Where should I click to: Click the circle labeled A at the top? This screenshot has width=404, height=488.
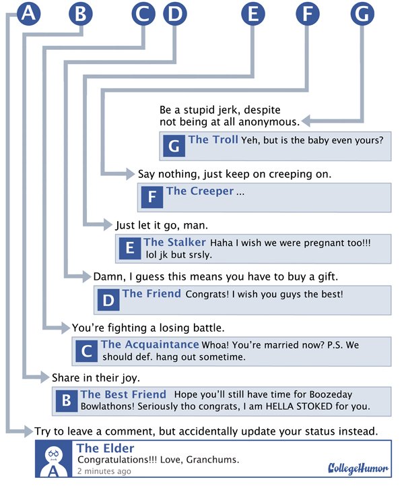pos(28,13)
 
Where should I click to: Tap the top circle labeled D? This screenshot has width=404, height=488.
pos(175,13)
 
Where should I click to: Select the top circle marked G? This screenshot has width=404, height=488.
pos(362,13)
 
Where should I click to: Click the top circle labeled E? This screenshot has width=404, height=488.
pos(253,13)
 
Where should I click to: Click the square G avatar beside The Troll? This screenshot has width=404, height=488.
pos(174,146)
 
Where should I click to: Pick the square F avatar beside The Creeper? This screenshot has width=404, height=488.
pos(152,197)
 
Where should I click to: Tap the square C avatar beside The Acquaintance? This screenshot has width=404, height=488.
pos(86,350)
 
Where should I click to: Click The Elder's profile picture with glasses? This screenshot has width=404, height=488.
pos(53,459)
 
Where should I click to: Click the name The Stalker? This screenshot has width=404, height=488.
pos(174,242)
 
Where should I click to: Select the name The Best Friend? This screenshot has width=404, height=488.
pos(123,394)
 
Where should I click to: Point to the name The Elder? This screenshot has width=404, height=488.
pos(106,448)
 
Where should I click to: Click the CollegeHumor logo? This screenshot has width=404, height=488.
pos(358,468)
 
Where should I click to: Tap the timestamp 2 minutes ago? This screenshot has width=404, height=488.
pos(104,471)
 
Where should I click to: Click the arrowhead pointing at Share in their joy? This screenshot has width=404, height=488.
pos(44,377)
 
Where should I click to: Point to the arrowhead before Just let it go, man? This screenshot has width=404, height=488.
pos(106,224)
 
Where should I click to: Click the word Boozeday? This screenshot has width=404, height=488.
pos(331,394)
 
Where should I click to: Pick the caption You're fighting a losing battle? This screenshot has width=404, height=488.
pos(148,328)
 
